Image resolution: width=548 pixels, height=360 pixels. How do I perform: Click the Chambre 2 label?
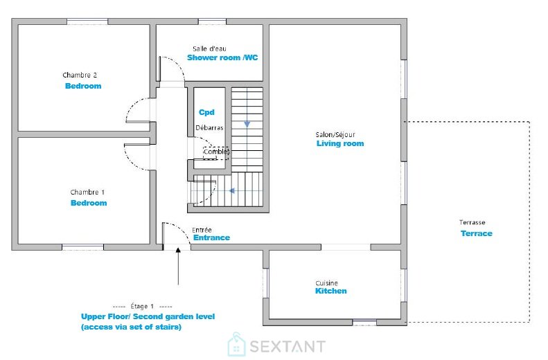pos(80,75)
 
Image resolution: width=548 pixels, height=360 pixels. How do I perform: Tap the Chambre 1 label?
pos(87,192)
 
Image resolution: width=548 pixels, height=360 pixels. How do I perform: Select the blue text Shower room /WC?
pos(222,57)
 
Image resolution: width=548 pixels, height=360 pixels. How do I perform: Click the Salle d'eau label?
pos(209,48)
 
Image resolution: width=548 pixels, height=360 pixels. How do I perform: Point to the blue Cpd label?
pos(206,112)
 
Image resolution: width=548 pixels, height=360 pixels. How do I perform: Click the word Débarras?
pos(209,128)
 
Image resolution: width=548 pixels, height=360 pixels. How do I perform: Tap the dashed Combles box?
pos(216,153)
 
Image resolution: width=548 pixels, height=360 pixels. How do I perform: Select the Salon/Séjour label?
pos(335,134)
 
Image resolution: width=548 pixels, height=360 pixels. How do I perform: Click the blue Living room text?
pos(340,143)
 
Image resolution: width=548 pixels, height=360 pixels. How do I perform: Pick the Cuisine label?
pos(326,283)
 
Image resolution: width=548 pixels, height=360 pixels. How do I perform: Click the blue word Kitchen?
pos(331,291)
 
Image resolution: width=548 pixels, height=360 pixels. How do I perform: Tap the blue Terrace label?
pos(477,233)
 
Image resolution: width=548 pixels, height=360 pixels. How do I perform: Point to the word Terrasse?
pos(472,222)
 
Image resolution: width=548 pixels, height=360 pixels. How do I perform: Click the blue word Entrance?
pos(211,237)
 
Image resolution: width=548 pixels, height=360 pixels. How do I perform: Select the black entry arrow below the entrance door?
pos(178,266)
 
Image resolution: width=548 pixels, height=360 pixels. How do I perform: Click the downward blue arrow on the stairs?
pos(247,124)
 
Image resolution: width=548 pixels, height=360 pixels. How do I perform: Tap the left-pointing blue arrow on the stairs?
pos(231,190)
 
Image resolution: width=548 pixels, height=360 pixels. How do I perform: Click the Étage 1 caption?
pos(142,306)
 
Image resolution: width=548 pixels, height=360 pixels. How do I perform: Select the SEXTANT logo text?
pos(288,346)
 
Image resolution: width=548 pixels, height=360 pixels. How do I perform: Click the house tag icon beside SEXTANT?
pos(237,345)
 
